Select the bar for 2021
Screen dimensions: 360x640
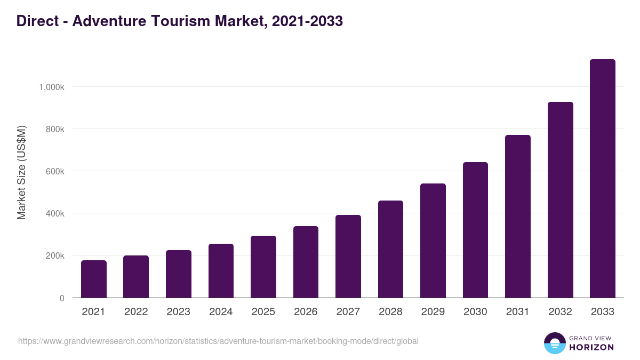pyautogui.click(x=94, y=279)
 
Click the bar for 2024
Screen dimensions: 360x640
pyautogui.click(x=221, y=270)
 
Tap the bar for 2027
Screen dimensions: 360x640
pyautogui.click(x=348, y=256)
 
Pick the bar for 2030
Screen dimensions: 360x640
pyautogui.click(x=475, y=230)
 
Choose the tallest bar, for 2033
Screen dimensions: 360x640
pyautogui.click(x=603, y=179)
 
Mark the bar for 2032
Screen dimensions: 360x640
pyautogui.click(x=560, y=200)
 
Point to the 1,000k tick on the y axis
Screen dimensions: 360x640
pyautogui.click(x=52, y=87)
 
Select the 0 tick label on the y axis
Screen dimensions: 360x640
pyautogui.click(x=62, y=298)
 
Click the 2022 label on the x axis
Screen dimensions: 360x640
pyautogui.click(x=136, y=312)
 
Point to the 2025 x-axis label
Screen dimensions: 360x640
pyautogui.click(x=263, y=312)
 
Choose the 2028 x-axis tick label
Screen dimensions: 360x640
pyautogui.click(x=390, y=312)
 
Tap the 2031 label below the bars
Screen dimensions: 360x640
pyautogui.click(x=518, y=312)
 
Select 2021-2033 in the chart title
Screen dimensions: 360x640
pyautogui.click(x=307, y=21)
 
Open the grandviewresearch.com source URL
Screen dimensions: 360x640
pyautogui.click(x=218, y=341)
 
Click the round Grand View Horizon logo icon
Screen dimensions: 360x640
pyautogui.click(x=554, y=343)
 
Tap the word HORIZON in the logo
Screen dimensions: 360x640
pyautogui.click(x=591, y=347)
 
